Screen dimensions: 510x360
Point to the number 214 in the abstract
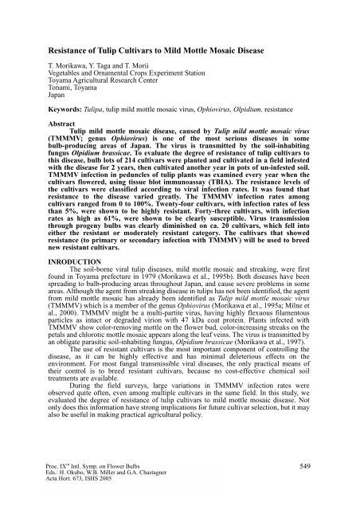[147, 162]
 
